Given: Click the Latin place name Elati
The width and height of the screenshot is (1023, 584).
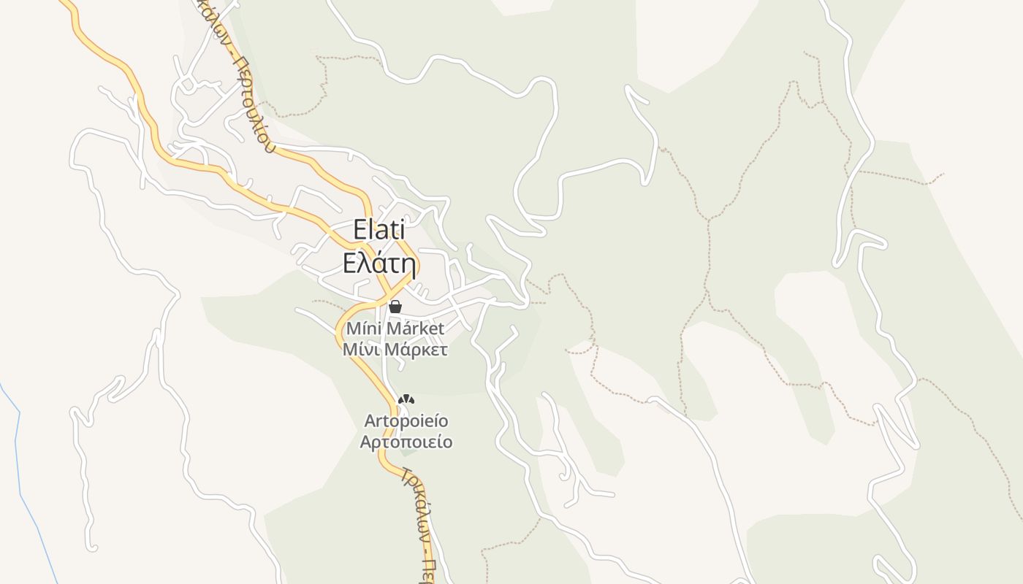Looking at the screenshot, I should point(379,229).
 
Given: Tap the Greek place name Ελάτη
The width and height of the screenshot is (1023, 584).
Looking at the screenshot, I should point(379,263).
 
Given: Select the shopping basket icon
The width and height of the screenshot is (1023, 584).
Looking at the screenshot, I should point(395,307).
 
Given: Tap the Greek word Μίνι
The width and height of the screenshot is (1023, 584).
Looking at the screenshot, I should point(360,350).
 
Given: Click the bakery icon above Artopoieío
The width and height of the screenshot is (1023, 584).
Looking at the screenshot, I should point(406,399).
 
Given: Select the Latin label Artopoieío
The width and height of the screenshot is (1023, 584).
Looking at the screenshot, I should point(406,421).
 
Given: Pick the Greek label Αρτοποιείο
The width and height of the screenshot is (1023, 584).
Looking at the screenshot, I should point(406,442).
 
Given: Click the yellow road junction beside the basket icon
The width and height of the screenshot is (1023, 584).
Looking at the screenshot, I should point(381,299).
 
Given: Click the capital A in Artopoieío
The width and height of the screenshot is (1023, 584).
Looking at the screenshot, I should point(370,421).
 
